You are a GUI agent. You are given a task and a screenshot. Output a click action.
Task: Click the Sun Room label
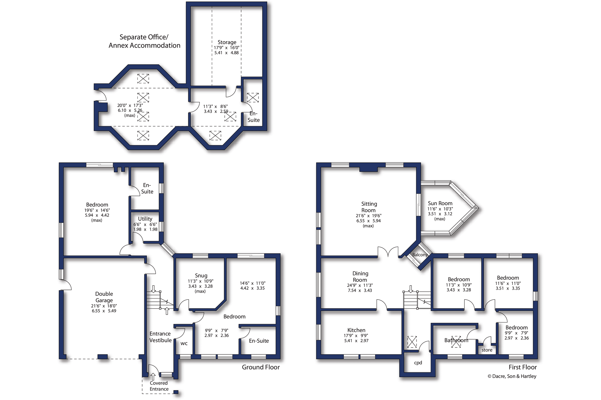click(440, 203)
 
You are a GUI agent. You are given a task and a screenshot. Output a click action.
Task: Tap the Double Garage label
click(104, 297)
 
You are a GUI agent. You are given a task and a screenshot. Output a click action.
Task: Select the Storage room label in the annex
click(227, 42)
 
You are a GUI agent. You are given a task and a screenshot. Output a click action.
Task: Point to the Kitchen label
click(356, 330)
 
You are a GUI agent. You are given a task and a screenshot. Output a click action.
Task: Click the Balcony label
click(420, 255)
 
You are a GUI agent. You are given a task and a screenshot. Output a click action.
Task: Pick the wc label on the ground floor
click(184, 344)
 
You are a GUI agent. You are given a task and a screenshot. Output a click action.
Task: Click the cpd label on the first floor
click(418, 363)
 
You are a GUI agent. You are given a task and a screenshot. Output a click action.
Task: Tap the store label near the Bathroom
click(487, 350)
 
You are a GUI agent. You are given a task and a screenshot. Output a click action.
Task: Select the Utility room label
click(145, 219)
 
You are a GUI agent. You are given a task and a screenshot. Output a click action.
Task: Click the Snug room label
click(201, 276)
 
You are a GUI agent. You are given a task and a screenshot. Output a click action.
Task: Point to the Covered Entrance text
click(159, 386)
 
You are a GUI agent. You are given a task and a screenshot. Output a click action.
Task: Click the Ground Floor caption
click(261, 367)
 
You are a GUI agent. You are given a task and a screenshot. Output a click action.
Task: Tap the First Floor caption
click(522, 367)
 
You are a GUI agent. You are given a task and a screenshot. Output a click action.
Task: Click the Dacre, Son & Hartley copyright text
click(512, 376)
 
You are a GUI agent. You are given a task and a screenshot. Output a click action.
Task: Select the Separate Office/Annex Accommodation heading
click(144, 41)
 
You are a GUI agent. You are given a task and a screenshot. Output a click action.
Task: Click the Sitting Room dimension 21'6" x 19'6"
click(369, 216)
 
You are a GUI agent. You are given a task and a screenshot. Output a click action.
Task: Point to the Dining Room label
click(360, 277)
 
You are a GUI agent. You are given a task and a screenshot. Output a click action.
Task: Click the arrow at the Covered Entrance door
click(153, 377)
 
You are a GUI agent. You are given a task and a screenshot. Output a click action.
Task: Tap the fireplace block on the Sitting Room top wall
click(368, 169)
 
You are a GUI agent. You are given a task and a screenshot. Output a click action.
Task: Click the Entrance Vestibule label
click(160, 337)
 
